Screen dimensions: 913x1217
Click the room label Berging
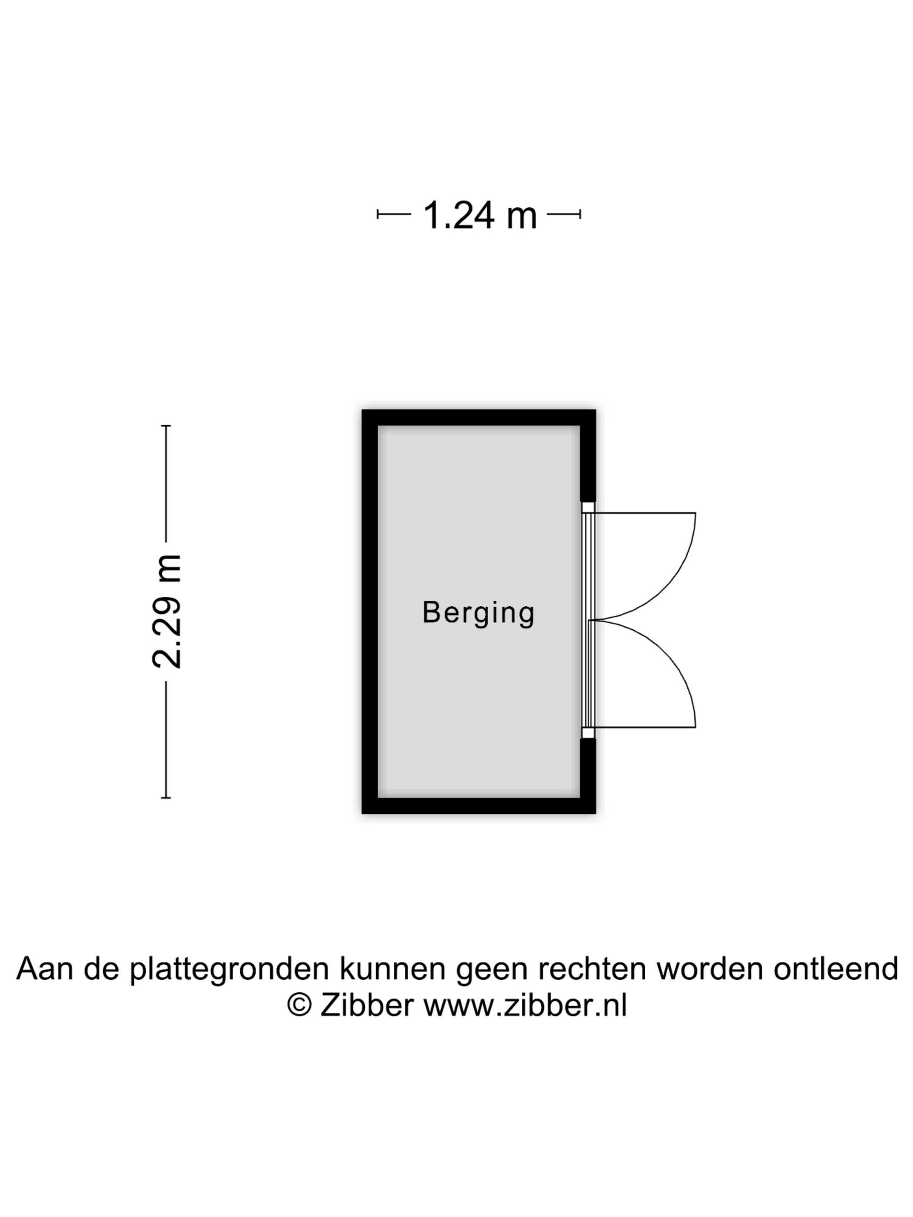(478, 613)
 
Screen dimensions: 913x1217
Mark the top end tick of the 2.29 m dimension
(166, 426)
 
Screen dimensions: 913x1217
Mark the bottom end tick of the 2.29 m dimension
(166, 797)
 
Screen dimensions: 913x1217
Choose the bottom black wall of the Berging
(478, 805)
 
